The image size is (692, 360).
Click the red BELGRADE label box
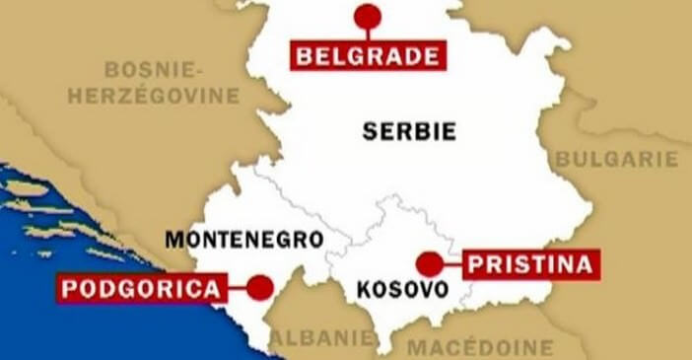coord(368,55)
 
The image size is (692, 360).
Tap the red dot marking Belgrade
coord(368,16)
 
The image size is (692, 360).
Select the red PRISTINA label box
coord(530,264)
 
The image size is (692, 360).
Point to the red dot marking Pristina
coord(429,263)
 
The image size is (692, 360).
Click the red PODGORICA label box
coord(139,289)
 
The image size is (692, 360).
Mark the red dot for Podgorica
coord(259,288)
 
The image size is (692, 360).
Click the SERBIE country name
coord(409,131)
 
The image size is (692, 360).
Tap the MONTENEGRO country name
coord(243,239)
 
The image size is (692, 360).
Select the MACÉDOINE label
coord(480,347)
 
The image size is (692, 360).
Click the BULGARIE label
coord(617,159)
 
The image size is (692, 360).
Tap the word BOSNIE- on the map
coord(153,69)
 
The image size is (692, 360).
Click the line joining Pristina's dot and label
coord(451,263)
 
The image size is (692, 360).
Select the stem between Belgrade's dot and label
coord(368,35)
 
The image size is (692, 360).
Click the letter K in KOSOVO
coord(364,290)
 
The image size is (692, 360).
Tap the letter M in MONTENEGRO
coord(173,239)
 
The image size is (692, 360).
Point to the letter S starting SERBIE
coord(370,131)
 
